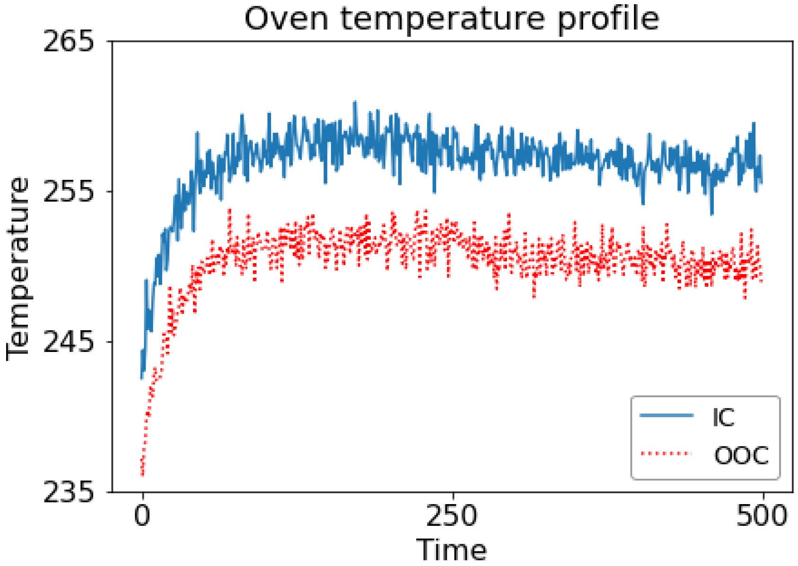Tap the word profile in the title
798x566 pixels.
(608, 20)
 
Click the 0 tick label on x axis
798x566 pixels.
(142, 516)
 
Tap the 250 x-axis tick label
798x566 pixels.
(452, 516)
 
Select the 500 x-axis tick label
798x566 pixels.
(762, 516)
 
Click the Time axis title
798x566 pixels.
(451, 550)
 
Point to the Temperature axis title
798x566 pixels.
(18, 269)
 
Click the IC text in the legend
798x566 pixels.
(723, 417)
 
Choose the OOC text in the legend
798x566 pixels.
(741, 456)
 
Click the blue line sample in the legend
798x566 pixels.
(666, 416)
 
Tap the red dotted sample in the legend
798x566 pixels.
(666, 454)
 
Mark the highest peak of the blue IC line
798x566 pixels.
(355, 102)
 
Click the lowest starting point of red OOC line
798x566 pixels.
(142, 475)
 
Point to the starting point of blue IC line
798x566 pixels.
(141, 378)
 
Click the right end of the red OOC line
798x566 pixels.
(762, 282)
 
